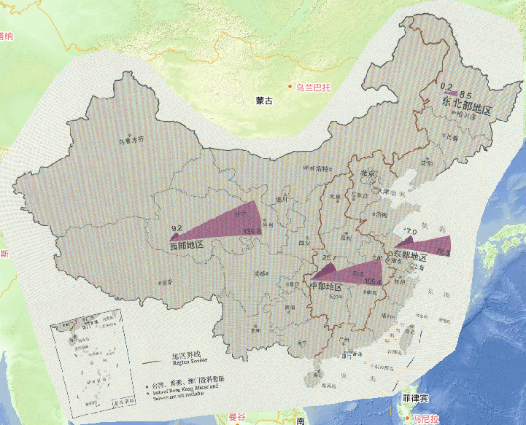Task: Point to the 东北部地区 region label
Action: coord(468,107)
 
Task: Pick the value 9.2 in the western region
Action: coord(176,228)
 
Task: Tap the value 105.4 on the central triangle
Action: coord(372,281)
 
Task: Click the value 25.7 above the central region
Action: coord(329,258)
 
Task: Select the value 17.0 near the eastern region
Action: coord(409,232)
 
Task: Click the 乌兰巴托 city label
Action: coord(314,87)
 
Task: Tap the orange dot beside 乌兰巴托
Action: coord(290,87)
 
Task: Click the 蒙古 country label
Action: coord(264,101)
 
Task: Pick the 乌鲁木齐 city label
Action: coord(132,139)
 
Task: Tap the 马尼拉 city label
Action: coord(425,419)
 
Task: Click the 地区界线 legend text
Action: coord(185,355)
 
